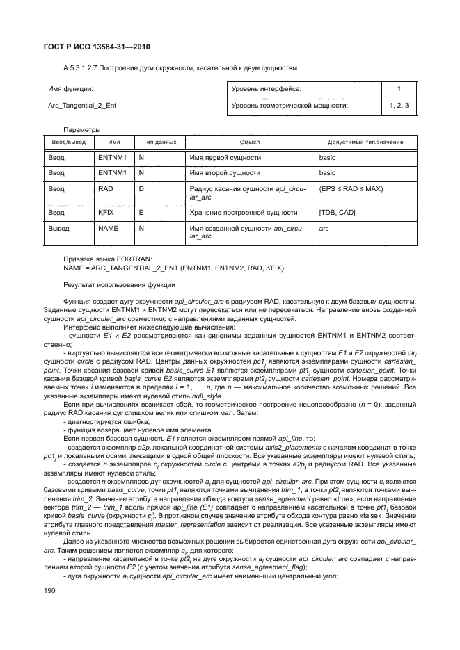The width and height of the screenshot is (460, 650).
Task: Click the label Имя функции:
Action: tap(70, 90)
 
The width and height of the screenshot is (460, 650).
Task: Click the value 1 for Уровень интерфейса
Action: tap(399, 90)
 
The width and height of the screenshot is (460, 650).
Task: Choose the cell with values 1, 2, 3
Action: tap(399, 106)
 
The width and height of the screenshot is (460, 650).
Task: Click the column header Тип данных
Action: tap(159, 141)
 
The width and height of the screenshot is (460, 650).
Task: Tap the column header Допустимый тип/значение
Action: tap(360, 141)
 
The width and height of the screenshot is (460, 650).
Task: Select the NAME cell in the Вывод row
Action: tap(108, 227)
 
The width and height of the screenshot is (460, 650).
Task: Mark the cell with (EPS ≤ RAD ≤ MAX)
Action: tap(351, 188)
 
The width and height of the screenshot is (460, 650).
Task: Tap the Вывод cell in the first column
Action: tap(59, 227)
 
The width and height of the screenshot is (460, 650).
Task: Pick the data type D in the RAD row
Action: tap(141, 188)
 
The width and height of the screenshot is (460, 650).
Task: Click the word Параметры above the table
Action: tap(81, 129)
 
